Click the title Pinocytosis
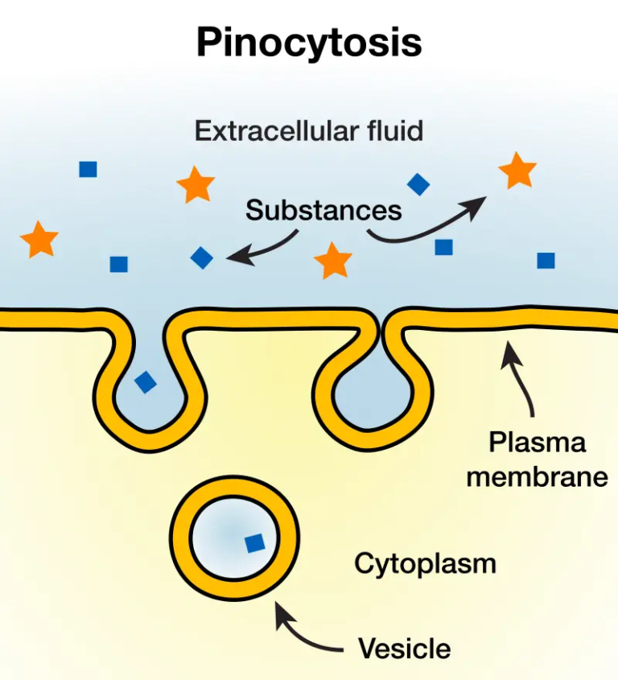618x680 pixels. pos(309,43)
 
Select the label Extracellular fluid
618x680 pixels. pos(309,130)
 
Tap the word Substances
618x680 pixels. pos(323,210)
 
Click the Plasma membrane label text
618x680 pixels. pos(537,459)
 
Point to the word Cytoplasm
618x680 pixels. pos(425,563)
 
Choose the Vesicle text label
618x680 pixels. pos(404,648)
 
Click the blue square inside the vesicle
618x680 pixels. pos(254,543)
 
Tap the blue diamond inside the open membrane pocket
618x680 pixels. pos(145,381)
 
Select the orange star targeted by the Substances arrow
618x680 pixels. pos(517,171)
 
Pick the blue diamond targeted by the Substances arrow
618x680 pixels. pos(201,258)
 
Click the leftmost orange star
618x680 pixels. pos(39,240)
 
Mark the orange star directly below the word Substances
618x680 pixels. pos(332,261)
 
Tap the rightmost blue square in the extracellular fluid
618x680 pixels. pos(546,260)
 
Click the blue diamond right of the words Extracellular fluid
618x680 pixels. pos(418,184)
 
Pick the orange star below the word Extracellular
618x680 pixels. pos(196,185)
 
